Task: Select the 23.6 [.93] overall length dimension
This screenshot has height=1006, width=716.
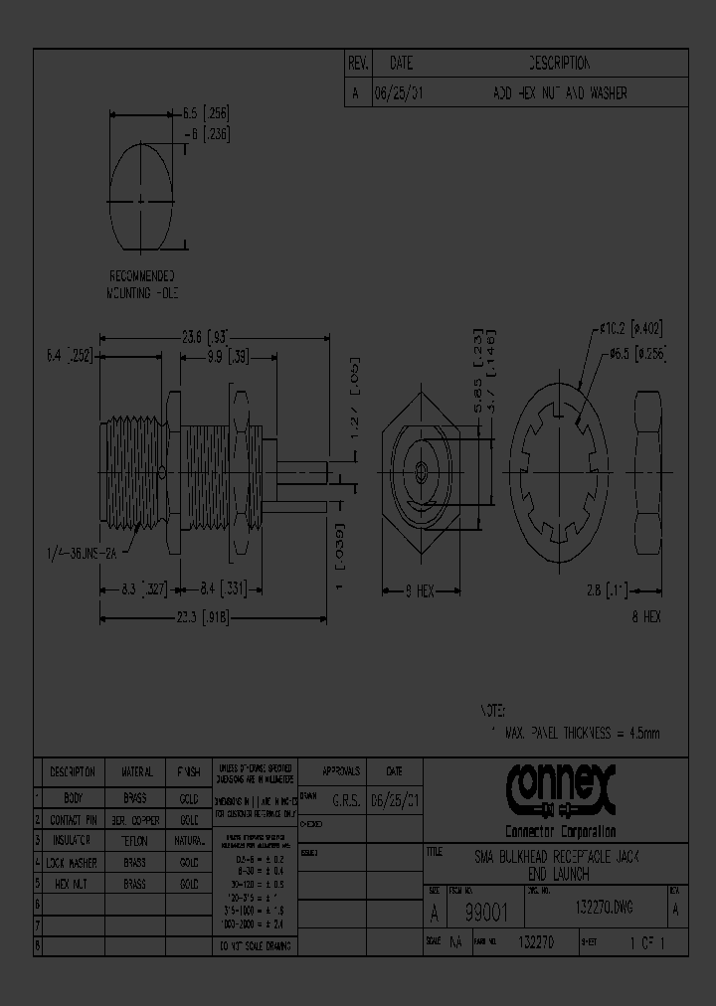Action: pos(204,336)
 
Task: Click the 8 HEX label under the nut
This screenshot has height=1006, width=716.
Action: pos(645,616)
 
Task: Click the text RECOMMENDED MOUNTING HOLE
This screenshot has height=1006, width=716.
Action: pos(141,284)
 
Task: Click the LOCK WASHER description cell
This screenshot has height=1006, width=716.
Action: pos(73,863)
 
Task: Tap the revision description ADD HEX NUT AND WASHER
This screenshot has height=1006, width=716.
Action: pos(559,93)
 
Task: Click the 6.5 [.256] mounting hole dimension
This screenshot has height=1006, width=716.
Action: pos(206,114)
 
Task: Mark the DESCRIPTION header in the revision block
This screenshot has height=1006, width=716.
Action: pos(559,64)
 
